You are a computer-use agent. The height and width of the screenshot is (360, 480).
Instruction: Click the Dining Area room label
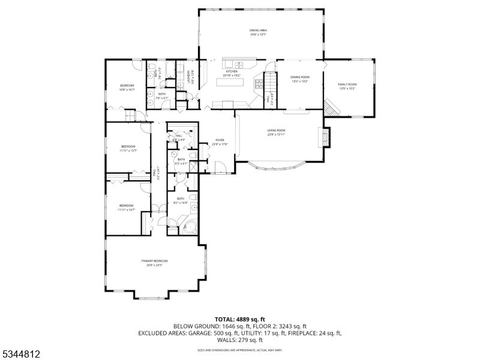(258, 30)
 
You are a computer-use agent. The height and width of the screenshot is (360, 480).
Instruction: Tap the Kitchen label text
(231, 71)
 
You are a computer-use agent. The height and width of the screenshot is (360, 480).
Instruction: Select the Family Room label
(347, 84)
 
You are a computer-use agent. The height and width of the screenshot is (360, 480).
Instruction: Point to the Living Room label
(276, 130)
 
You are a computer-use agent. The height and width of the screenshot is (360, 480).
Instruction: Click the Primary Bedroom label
(154, 260)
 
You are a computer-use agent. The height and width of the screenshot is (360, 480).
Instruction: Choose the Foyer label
(220, 140)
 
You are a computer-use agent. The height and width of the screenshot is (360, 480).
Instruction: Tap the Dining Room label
(299, 77)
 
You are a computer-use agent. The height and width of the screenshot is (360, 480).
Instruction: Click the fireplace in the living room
(325, 137)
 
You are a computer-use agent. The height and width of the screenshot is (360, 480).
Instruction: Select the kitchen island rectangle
(230, 82)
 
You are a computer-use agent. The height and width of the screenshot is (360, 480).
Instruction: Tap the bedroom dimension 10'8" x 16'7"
(126, 89)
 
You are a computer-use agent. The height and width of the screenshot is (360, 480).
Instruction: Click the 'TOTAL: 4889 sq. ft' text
(240, 319)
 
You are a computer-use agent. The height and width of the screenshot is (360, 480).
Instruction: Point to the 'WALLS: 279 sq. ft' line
(240, 340)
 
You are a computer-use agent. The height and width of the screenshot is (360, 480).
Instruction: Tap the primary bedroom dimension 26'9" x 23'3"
(154, 265)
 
